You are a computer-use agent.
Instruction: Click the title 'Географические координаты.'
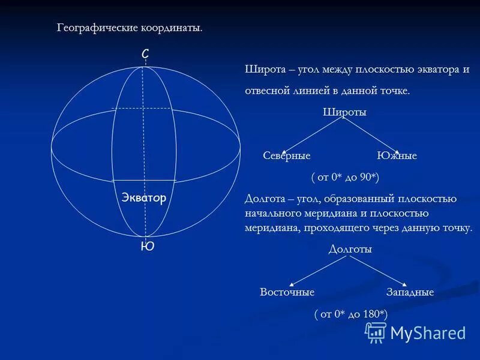click(130, 28)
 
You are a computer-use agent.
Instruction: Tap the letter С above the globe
click(145, 55)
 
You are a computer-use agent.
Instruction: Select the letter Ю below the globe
click(147, 246)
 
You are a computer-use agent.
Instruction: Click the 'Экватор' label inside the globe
click(144, 198)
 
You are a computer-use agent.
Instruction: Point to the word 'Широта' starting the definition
click(261, 69)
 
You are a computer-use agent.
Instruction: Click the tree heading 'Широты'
click(344, 112)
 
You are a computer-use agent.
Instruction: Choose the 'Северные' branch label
click(287, 156)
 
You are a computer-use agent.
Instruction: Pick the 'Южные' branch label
click(397, 156)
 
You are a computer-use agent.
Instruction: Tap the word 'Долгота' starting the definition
click(263, 199)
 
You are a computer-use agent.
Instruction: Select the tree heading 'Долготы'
click(350, 249)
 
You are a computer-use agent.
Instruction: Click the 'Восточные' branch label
click(287, 292)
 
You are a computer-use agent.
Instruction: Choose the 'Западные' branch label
click(410, 292)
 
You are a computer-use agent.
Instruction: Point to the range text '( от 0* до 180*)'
click(351, 314)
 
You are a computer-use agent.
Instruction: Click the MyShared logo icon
click(376, 332)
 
